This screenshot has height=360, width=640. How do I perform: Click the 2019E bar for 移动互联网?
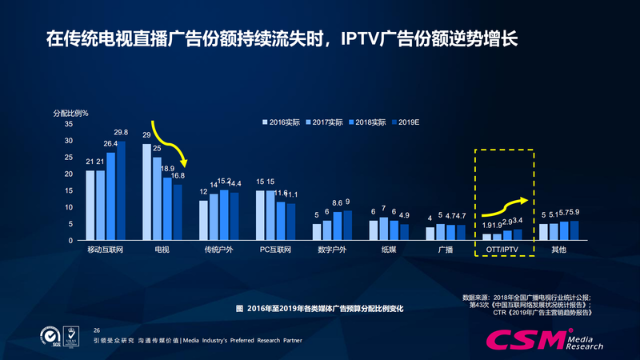point(121,191)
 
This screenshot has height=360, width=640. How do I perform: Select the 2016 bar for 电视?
point(147,192)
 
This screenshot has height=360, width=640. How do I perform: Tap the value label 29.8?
point(121,133)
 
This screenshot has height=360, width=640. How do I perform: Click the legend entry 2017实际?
point(327,122)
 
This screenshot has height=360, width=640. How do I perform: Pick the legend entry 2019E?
point(409,122)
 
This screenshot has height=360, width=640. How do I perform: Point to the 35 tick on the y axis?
point(68,124)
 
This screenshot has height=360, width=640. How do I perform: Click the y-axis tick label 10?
point(68,207)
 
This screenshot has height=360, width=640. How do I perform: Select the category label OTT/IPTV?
point(502,250)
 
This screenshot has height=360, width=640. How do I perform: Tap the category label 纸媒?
point(389,250)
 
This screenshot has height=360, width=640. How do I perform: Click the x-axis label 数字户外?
point(332,250)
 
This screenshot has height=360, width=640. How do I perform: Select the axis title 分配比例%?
point(71,112)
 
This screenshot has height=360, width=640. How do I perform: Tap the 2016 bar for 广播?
point(430,234)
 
